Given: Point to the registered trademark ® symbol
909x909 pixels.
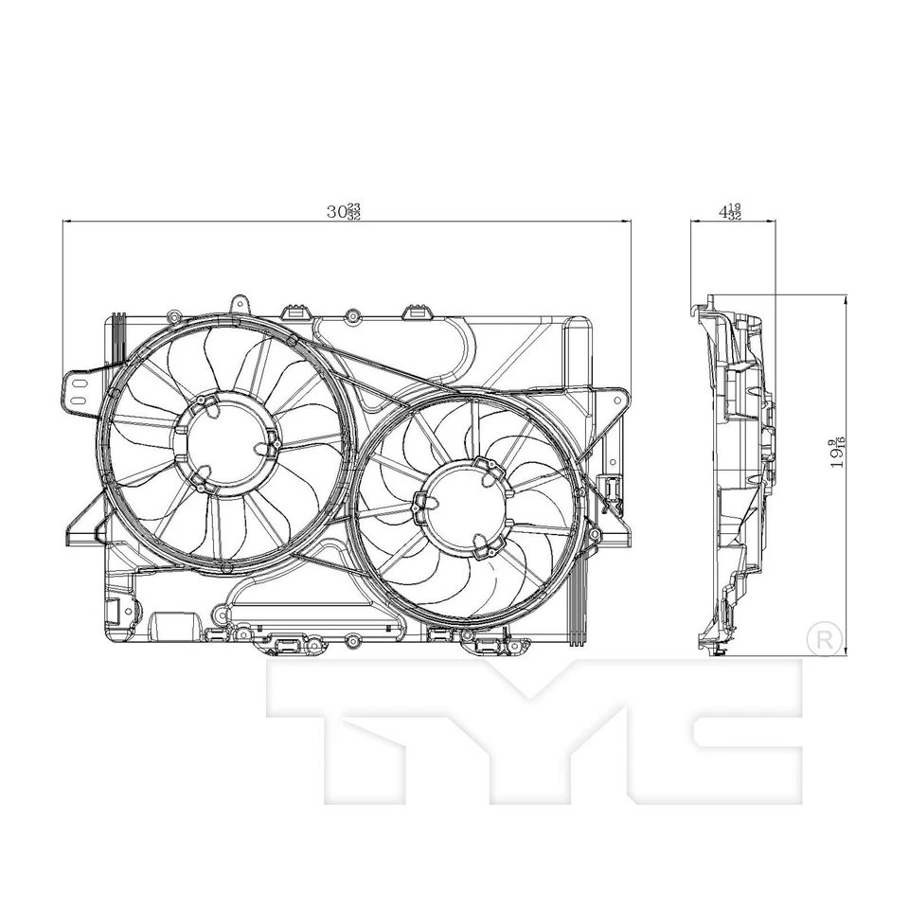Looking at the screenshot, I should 822,637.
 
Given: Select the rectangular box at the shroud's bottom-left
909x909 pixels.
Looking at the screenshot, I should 169,624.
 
